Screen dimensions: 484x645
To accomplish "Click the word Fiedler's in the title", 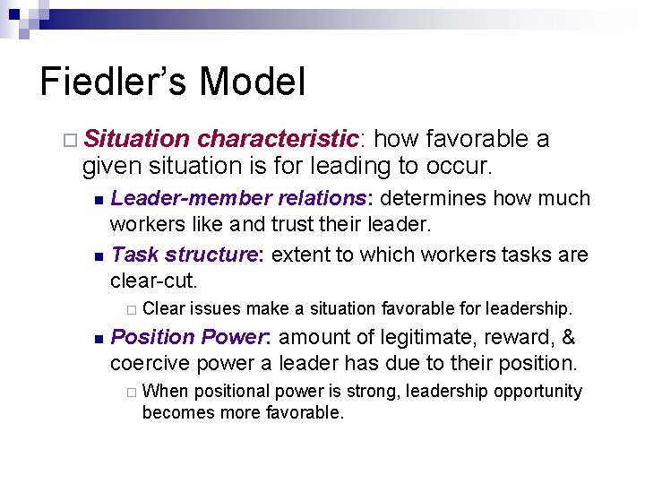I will pyautogui.click(x=115, y=82).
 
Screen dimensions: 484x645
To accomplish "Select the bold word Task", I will pyautogui.click(x=132, y=255).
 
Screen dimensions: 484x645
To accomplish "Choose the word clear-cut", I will pyautogui.click(x=152, y=280).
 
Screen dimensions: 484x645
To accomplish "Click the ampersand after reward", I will pyautogui.click(x=566, y=337).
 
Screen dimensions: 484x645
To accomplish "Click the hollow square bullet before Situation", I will pyautogui.click(x=71, y=140).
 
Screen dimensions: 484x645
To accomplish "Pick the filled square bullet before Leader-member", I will pyautogui.click(x=99, y=199).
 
